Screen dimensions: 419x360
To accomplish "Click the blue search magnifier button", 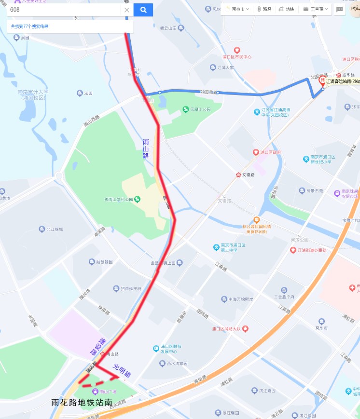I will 143,10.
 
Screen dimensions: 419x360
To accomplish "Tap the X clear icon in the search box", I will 126,10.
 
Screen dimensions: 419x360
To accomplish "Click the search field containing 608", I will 63,10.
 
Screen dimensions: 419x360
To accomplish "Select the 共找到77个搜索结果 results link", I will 30,27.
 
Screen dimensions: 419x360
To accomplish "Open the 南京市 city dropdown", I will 238,9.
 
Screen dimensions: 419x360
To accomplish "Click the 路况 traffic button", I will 264,9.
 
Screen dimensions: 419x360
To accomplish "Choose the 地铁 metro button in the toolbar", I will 287,9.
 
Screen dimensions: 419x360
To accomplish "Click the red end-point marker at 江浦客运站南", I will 322,81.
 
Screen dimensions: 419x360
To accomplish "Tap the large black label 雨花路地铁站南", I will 82,402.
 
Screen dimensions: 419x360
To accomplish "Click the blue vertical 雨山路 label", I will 146,149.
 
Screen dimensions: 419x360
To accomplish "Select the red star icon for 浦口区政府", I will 256,152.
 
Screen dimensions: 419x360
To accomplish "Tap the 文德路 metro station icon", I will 238,175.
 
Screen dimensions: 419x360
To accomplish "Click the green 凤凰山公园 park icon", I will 186,109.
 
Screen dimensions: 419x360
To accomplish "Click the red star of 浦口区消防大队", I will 246,329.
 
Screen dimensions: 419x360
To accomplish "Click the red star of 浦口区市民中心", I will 237,50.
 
